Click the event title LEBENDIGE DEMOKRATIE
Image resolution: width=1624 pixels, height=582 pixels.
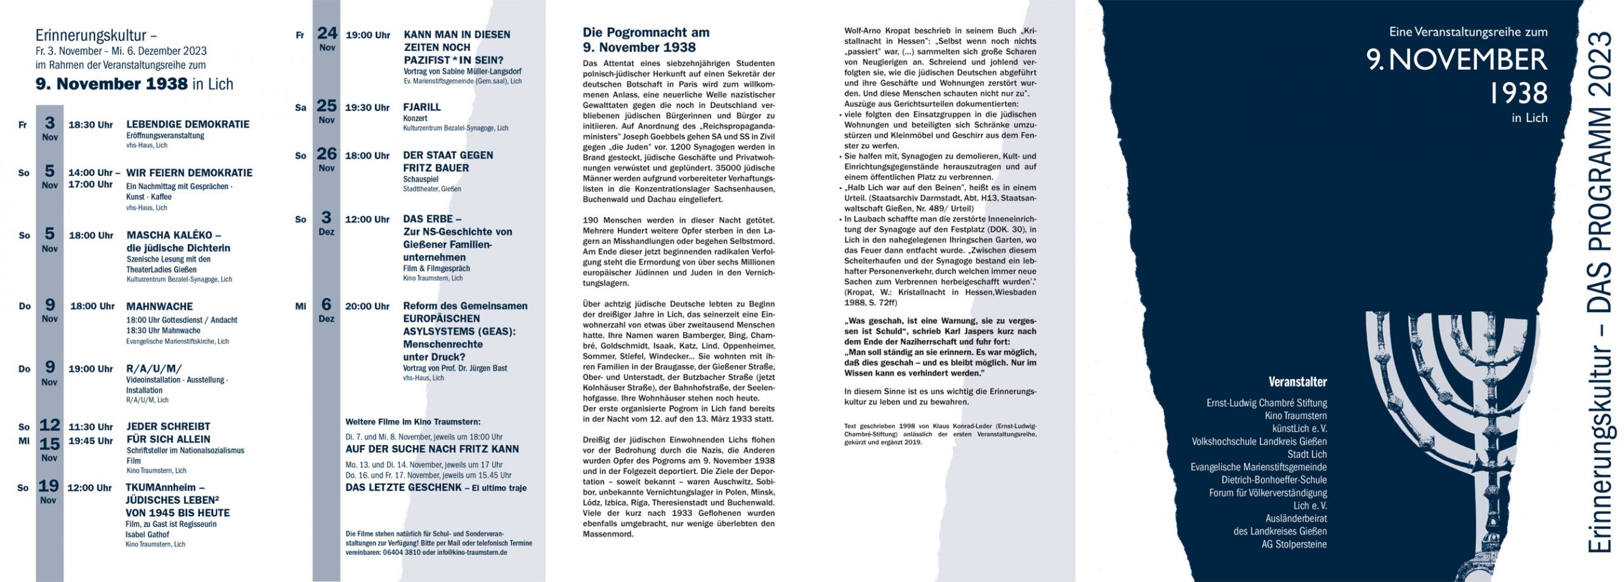pos(188,124)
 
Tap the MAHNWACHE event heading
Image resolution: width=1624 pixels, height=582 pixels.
pos(159,307)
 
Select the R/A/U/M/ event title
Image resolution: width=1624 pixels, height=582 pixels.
pos(154,369)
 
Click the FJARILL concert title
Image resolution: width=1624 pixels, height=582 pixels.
pos(422,107)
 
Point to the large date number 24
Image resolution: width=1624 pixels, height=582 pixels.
pos(327,33)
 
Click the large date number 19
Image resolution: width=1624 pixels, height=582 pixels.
pos(49,486)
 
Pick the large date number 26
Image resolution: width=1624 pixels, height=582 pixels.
pos(327,154)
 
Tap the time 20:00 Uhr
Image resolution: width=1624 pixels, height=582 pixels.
pos(367,307)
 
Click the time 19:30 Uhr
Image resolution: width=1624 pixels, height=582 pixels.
pos(367,108)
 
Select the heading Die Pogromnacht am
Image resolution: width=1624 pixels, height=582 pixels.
pos(646,32)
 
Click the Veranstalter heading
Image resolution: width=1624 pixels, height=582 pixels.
pos(1297,382)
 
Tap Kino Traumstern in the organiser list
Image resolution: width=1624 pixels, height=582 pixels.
pos(1295,416)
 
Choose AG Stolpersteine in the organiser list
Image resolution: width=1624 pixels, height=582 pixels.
pos(1294,544)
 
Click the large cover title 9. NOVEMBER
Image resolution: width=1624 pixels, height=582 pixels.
pos(1457,60)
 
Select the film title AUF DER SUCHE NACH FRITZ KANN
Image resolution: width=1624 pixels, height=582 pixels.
pos(432,449)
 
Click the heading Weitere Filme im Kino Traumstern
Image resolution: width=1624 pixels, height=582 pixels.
pos(413,422)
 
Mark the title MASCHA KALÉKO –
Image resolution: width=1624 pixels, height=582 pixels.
pos(174,235)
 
